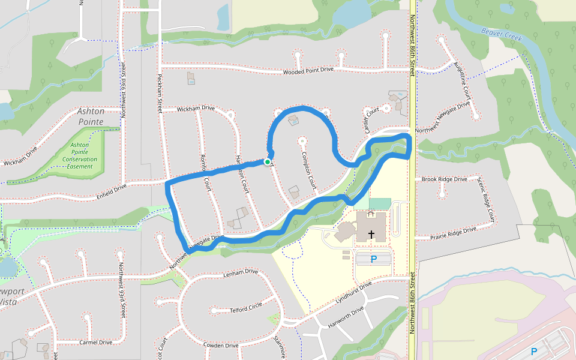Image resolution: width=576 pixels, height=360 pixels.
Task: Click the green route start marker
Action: click(267, 162)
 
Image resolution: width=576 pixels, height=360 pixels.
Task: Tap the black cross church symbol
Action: click(371, 233)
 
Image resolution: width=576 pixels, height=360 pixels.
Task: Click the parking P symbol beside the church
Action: click(373, 259)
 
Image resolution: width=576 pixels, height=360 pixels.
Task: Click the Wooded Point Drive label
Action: click(308, 71)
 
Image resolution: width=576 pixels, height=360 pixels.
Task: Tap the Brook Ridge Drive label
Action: click(444, 179)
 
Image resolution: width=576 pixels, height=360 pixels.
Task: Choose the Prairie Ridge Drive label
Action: click(453, 233)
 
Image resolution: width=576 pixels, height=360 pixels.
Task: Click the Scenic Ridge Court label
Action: click(487, 198)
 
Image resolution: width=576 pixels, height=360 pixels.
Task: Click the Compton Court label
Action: click(309, 170)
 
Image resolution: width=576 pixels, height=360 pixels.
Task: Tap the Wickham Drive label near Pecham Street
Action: click(196, 109)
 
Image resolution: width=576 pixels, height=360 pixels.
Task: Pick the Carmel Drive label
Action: click(96, 343)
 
